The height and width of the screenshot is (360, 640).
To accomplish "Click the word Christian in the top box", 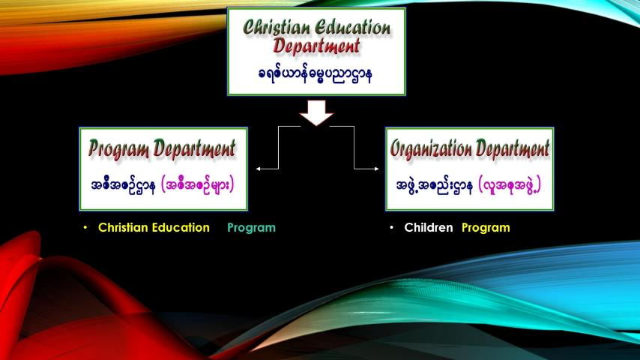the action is (x=277, y=28).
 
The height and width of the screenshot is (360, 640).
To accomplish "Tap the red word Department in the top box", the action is (x=316, y=46).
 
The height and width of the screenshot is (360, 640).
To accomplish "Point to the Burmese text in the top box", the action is (x=315, y=75).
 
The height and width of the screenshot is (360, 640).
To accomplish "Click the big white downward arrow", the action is (x=316, y=112).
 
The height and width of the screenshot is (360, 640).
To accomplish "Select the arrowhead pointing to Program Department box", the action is (x=259, y=168).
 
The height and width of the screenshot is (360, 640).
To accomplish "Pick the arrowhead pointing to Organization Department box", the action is (x=376, y=168).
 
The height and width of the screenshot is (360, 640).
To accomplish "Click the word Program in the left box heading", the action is (x=118, y=148).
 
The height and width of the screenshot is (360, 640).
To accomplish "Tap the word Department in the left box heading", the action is (x=194, y=148).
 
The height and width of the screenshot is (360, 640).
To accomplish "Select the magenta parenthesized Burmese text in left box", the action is (x=198, y=185).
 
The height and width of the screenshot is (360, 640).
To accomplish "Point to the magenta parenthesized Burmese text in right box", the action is (x=510, y=185).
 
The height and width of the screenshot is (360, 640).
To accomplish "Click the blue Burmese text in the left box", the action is (x=123, y=186).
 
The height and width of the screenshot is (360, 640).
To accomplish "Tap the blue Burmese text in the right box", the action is (x=435, y=186).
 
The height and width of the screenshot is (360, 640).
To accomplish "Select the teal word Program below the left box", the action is (x=252, y=228).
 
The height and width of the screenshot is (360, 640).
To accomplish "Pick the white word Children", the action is (x=429, y=227).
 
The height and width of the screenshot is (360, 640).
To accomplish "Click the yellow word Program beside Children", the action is (x=486, y=228).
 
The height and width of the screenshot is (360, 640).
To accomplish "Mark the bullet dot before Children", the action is (x=391, y=227).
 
